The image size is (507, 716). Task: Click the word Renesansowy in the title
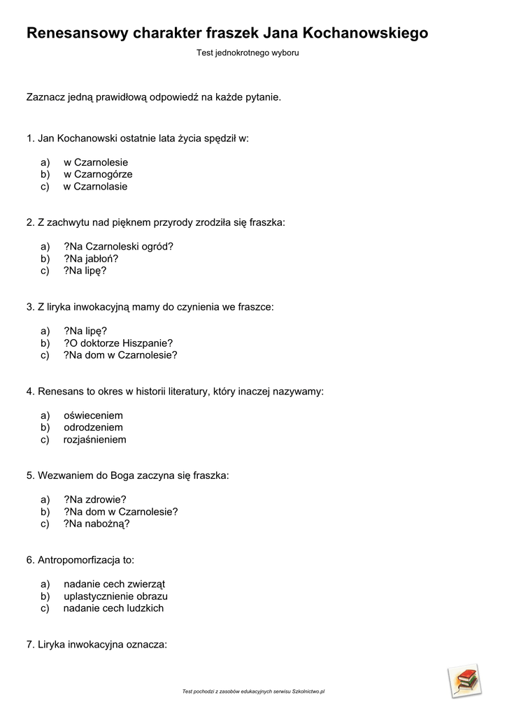pos(77,33)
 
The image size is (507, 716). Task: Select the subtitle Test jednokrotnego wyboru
pos(248,53)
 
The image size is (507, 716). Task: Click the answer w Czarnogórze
pos(98,175)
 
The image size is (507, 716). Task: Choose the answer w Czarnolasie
pos(95,187)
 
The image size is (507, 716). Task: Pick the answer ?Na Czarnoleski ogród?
pos(118,246)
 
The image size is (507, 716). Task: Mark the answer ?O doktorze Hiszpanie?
pos(118,343)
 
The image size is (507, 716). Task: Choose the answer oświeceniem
pos(93,415)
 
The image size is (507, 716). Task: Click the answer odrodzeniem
pos(93,427)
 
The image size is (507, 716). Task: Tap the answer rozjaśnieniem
pos(94,440)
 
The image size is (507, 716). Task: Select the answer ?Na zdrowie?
pos(95,499)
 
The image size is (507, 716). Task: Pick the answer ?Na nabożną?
pos(97,524)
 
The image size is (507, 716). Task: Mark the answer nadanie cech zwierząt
pos(114,584)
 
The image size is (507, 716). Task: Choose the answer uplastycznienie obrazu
pos(115,596)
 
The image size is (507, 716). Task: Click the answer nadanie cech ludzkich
pos(113,608)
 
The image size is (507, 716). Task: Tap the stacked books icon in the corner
pos(464,680)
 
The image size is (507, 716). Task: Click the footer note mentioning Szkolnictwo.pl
pos(253,692)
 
